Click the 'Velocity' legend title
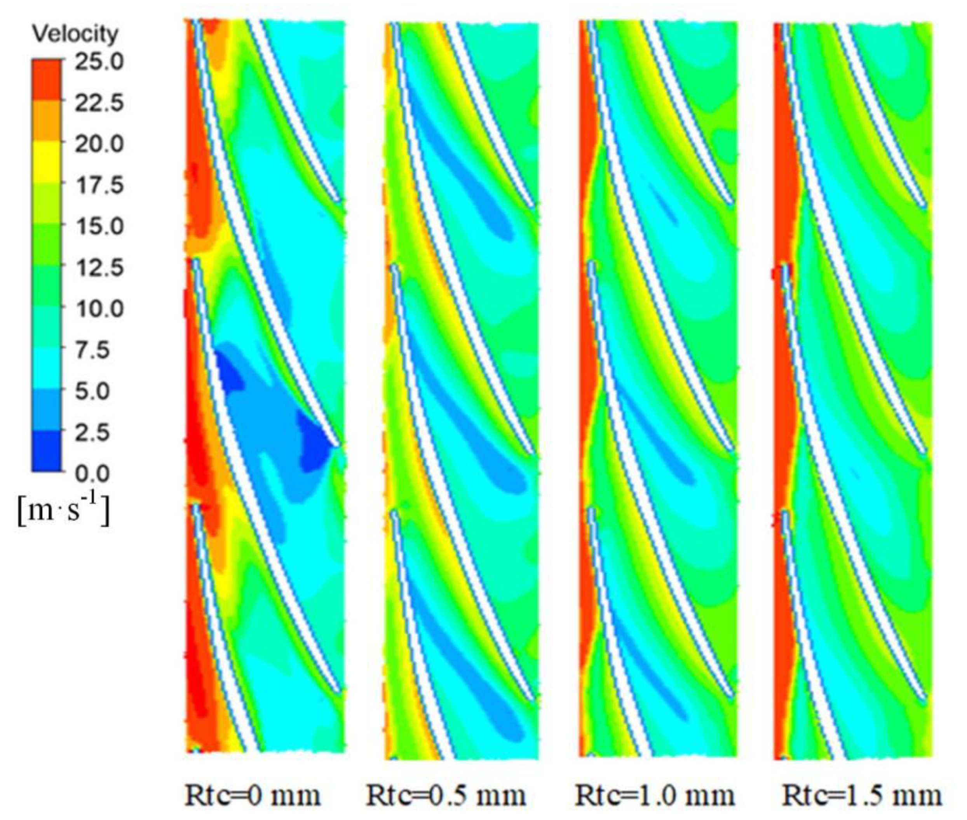click(x=75, y=34)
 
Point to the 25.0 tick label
click(x=99, y=61)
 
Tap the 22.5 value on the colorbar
click(x=99, y=102)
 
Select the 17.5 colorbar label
click(x=99, y=185)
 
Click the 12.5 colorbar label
click(x=99, y=268)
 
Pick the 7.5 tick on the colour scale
click(x=93, y=350)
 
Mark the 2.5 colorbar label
click(x=93, y=432)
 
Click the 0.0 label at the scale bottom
click(x=93, y=473)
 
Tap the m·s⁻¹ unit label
click(x=64, y=510)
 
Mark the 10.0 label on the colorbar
click(x=99, y=309)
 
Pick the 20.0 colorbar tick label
click(x=99, y=144)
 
